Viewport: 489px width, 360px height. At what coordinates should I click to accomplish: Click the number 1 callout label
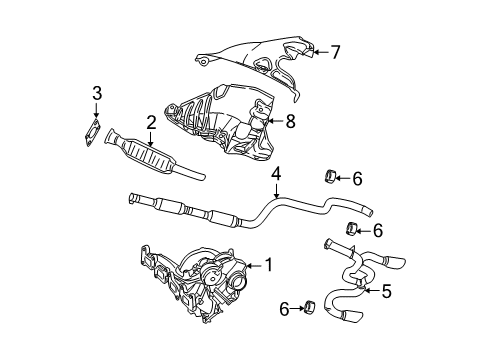(267, 265)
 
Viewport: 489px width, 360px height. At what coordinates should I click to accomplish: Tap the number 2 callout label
(150, 122)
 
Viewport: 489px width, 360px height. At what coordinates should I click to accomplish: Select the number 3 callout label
(96, 94)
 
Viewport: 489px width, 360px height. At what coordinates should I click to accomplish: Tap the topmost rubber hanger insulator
(329, 178)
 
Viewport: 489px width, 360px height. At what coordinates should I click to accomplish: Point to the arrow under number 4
(275, 193)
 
